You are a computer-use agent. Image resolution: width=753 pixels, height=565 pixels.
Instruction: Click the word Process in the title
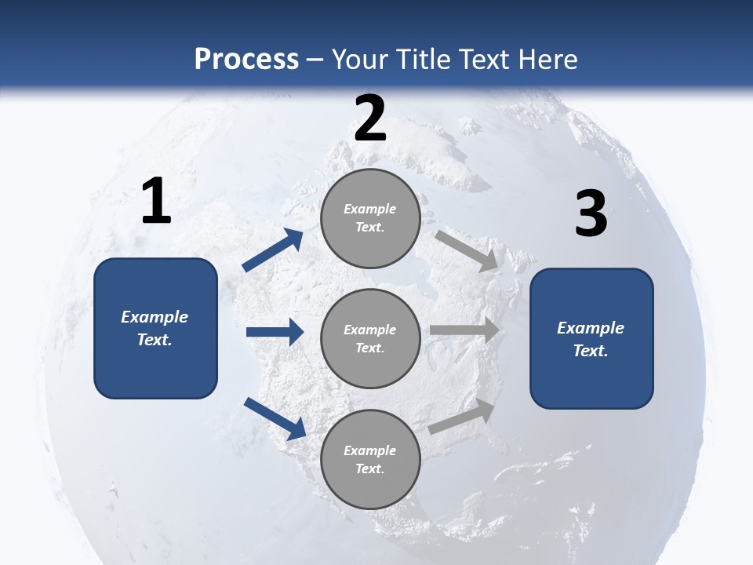[x=246, y=59]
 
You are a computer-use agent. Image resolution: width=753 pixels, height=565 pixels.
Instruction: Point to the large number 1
[x=156, y=202]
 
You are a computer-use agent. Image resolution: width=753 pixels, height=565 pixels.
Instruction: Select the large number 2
[x=370, y=118]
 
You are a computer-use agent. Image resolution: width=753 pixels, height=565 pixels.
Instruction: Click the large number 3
[x=591, y=213]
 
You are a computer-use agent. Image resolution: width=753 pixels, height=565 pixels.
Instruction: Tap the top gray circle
[x=370, y=218]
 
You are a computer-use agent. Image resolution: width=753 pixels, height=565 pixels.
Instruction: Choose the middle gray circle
[x=370, y=338]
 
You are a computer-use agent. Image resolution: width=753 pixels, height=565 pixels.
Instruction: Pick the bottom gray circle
[x=370, y=459]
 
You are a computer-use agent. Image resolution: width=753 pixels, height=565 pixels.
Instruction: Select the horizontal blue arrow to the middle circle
[x=275, y=332]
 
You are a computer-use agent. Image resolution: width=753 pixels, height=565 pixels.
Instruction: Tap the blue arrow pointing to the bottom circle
[x=275, y=417]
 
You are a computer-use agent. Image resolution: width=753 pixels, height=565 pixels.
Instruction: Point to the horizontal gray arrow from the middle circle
[x=464, y=330]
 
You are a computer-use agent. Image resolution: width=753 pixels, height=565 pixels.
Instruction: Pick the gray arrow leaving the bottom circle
[x=462, y=417]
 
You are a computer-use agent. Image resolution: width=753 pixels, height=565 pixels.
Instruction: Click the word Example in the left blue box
[x=155, y=317]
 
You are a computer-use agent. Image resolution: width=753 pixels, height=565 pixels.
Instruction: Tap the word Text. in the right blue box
[x=591, y=351]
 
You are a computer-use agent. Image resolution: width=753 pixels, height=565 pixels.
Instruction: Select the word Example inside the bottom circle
[x=369, y=450]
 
